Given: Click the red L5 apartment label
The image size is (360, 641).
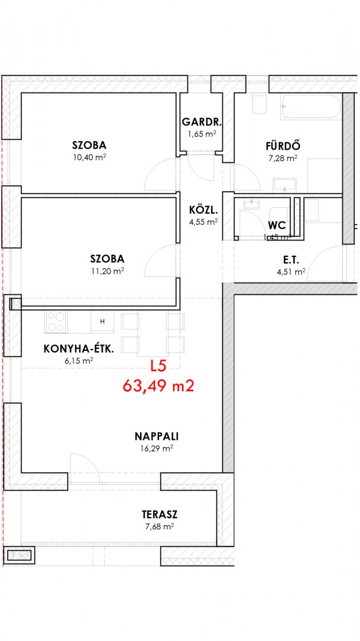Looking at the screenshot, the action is (x=158, y=366).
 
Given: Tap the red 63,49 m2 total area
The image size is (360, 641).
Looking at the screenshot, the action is (x=158, y=386).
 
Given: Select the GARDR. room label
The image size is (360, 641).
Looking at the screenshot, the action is (x=202, y=122).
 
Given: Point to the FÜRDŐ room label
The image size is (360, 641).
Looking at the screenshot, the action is (x=283, y=145).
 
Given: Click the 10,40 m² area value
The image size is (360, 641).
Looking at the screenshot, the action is (x=90, y=157).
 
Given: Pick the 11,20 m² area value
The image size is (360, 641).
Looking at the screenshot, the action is (x=107, y=271).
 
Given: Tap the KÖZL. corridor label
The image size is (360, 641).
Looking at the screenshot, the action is (x=203, y=211).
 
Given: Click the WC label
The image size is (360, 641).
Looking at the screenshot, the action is (x=276, y=226).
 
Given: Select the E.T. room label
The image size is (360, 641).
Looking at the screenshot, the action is (x=291, y=259).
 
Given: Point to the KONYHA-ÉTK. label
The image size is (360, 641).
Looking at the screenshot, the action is (x=79, y=349).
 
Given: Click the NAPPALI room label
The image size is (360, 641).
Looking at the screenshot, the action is (x=157, y=436).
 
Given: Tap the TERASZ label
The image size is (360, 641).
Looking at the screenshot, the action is (x=160, y=514).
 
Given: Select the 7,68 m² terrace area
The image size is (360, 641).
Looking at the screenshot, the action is (x=160, y=526).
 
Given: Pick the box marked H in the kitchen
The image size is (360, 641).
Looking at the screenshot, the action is (x=103, y=321).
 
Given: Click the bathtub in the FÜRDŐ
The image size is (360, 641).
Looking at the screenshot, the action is (x=310, y=107).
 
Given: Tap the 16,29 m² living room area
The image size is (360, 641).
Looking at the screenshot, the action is (x=157, y=449).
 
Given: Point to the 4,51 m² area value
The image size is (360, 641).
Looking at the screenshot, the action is (x=291, y=271).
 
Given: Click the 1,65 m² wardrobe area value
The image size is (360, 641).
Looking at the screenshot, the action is (x=202, y=134).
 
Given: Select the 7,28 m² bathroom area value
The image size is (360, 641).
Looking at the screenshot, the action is (x=283, y=158).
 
